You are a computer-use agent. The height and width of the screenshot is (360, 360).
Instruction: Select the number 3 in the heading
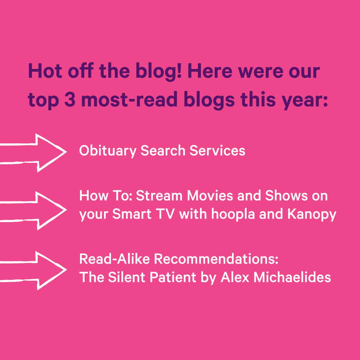(70, 99)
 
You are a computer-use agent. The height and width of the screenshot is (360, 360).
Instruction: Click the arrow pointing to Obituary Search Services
(33, 153)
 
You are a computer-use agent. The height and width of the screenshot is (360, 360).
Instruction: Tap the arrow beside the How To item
(33, 211)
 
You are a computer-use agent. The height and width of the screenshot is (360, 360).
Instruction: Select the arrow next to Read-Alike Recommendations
(33, 271)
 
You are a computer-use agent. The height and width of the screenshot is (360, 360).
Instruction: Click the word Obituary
(108, 151)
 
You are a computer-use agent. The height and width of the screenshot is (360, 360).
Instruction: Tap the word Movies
(210, 196)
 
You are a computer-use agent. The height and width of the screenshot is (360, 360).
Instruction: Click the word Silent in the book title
(127, 277)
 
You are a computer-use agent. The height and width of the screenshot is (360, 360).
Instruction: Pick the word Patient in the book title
(173, 277)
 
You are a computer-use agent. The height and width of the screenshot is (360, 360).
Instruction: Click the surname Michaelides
(292, 277)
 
